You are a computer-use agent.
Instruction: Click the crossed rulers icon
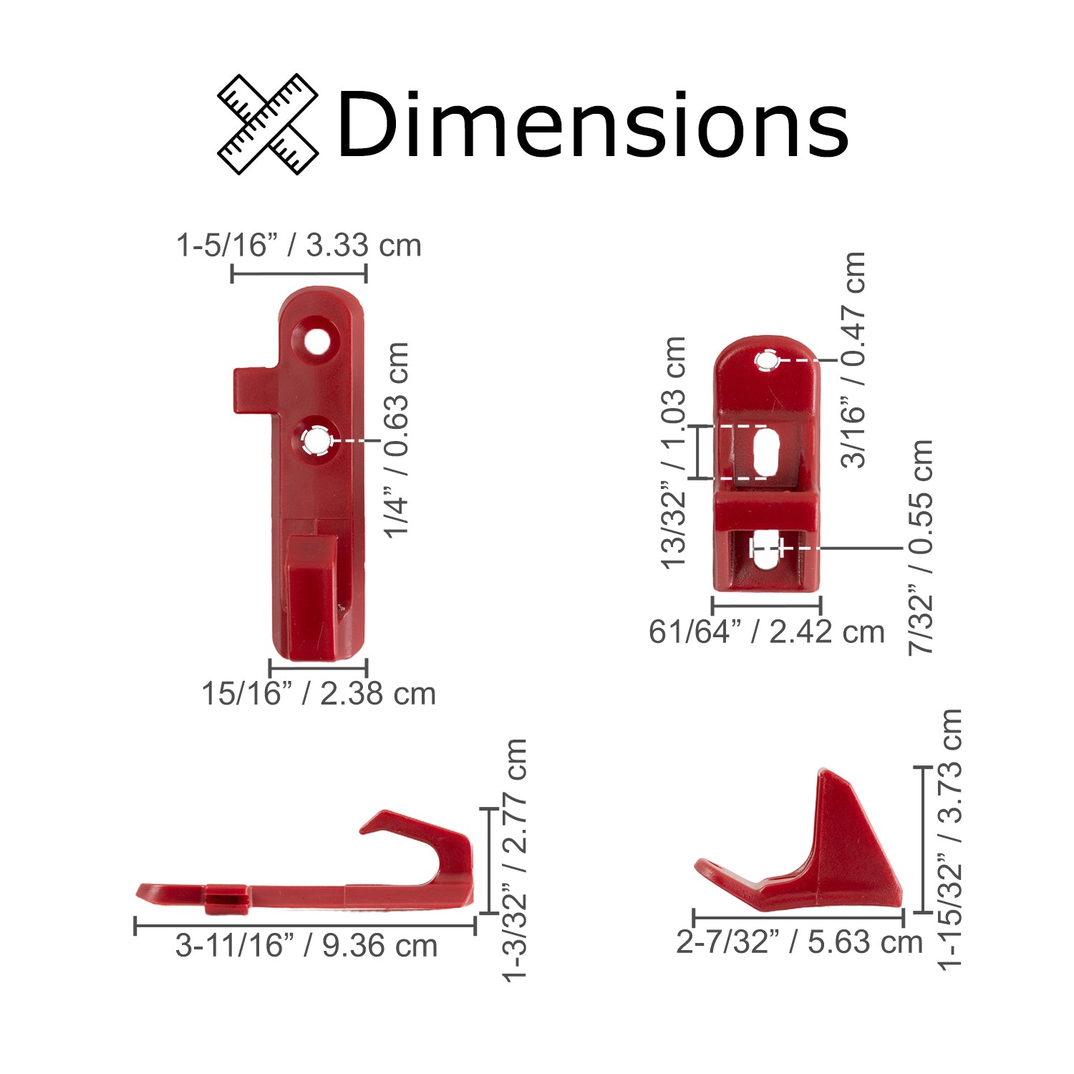point(268,124)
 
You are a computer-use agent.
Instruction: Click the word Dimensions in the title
point(592,125)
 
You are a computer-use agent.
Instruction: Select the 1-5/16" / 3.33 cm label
point(299,246)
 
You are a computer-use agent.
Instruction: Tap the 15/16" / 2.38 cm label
point(319,694)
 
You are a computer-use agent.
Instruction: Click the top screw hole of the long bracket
point(315,342)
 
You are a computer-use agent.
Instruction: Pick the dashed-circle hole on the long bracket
point(315,440)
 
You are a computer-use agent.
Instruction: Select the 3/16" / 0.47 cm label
point(853,360)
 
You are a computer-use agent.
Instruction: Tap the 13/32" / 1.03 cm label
point(674,453)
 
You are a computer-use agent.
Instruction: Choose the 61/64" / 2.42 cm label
point(766,632)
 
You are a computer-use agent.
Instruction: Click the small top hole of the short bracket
point(768,361)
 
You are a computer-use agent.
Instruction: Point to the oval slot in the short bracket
point(765,452)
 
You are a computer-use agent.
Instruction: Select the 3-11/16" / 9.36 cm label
point(306,946)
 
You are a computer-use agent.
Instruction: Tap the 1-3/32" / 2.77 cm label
point(516,860)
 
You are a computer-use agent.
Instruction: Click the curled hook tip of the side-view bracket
point(376,823)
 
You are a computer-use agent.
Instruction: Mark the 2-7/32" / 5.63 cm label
point(799,942)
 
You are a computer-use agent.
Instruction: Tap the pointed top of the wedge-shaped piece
point(824,774)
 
